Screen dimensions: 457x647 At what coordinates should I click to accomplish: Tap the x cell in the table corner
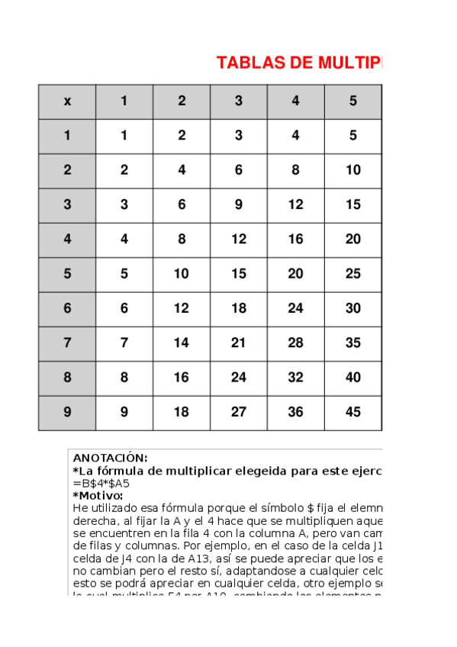[67, 101]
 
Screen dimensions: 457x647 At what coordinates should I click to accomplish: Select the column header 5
[352, 101]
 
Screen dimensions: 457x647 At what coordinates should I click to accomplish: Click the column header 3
[239, 101]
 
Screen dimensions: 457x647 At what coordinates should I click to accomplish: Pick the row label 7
[67, 343]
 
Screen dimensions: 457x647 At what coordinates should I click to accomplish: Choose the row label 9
[67, 412]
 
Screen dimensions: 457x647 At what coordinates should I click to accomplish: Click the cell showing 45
[352, 412]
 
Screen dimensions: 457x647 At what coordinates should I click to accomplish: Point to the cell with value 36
[295, 412]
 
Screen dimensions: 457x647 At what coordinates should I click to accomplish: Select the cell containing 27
[239, 412]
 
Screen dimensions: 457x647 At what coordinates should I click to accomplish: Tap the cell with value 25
[352, 274]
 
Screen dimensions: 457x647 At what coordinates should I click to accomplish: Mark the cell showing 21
[239, 343]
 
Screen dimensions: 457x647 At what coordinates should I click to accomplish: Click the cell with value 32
[295, 378]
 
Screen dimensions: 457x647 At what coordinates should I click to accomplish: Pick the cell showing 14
[182, 343]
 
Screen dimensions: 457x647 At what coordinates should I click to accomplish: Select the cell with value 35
[352, 343]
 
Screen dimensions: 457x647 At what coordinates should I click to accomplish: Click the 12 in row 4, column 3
[239, 240]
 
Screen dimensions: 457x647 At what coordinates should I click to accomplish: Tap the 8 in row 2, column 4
[295, 170]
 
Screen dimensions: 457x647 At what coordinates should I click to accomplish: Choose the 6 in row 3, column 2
[182, 204]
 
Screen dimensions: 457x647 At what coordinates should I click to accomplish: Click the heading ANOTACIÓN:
[110, 459]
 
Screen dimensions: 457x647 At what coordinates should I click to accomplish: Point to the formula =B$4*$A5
[101, 483]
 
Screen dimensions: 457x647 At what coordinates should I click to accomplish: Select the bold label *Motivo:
[98, 495]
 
